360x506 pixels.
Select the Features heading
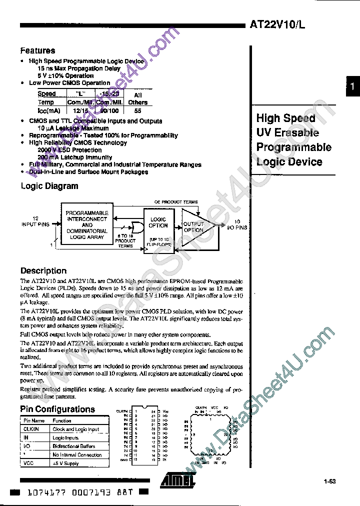[37, 50]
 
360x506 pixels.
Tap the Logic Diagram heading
[49, 186]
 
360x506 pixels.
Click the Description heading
[43, 271]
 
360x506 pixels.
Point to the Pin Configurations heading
[57, 409]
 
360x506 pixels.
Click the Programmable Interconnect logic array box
[86, 225]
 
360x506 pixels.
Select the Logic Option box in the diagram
[158, 222]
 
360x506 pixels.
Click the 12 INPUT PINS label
[35, 221]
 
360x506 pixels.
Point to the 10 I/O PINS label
[236, 224]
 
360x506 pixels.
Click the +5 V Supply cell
[66, 463]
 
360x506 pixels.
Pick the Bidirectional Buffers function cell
[73, 446]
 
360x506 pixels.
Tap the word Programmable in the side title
[294, 147]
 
